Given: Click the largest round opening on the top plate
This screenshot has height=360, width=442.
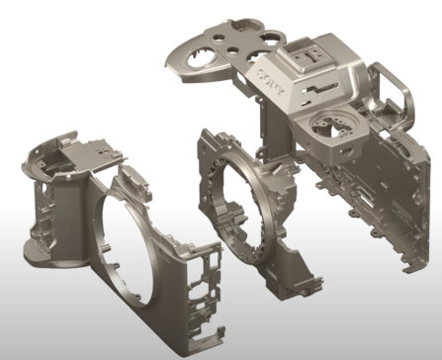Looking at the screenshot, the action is tap(201, 58).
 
